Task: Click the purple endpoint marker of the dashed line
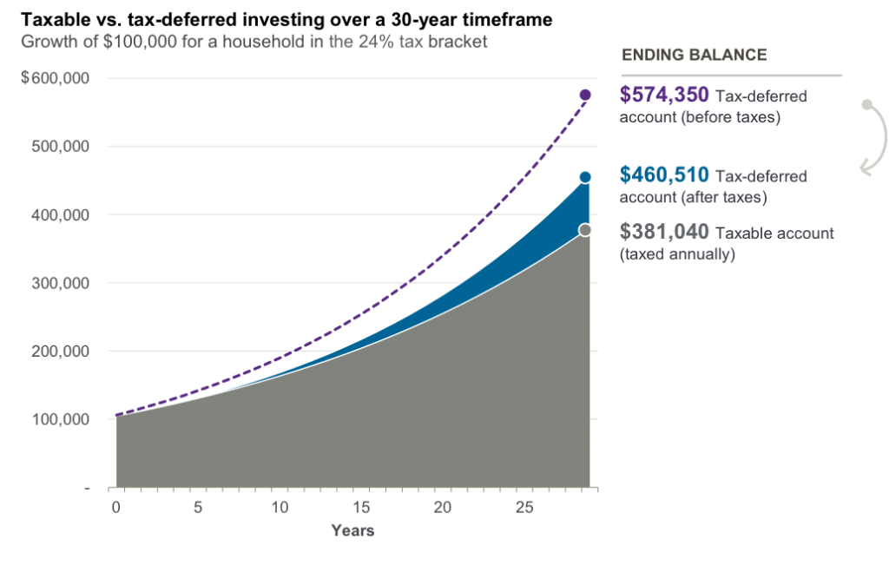585,95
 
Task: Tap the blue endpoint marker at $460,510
585,177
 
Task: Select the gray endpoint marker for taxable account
585,230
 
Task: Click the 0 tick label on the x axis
115,506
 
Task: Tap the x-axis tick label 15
362,506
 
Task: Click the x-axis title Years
352,530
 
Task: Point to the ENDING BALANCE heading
695,55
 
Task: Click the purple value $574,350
664,95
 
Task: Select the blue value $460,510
664,174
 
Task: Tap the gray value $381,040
664,232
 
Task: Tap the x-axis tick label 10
280,506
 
